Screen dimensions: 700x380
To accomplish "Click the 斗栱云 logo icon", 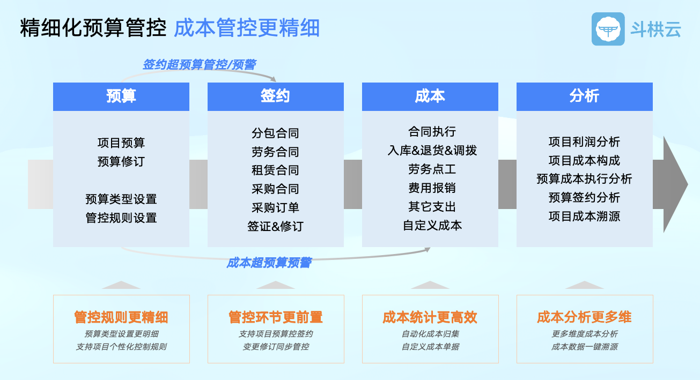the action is (608, 29).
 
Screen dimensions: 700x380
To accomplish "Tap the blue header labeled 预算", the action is (121, 96).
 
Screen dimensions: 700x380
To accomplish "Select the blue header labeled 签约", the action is (276, 96).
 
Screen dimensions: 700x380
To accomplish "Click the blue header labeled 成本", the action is (430, 96).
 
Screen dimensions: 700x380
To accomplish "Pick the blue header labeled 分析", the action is (584, 96).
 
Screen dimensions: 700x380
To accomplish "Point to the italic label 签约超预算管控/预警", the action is (200, 65).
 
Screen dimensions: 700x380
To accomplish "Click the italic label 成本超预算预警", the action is (269, 263).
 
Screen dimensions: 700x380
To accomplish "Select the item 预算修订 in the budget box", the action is (121, 161).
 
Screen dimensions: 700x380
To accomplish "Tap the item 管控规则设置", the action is (121, 218).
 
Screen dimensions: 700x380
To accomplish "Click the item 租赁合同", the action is (275, 170).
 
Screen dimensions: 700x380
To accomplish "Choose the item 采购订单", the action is (275, 207).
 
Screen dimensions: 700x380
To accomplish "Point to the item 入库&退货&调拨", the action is (432, 151).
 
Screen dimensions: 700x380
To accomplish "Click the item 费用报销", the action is (432, 188).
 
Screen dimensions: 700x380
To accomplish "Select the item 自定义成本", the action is (432, 225).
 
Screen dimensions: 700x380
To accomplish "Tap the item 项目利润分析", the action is (584, 141).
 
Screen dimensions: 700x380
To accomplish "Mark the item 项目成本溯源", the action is (584, 216).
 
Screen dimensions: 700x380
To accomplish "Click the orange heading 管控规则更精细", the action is (121, 317).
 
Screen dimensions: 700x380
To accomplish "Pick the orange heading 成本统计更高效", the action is (430, 317).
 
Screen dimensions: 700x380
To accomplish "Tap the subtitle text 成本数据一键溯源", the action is (584, 347).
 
